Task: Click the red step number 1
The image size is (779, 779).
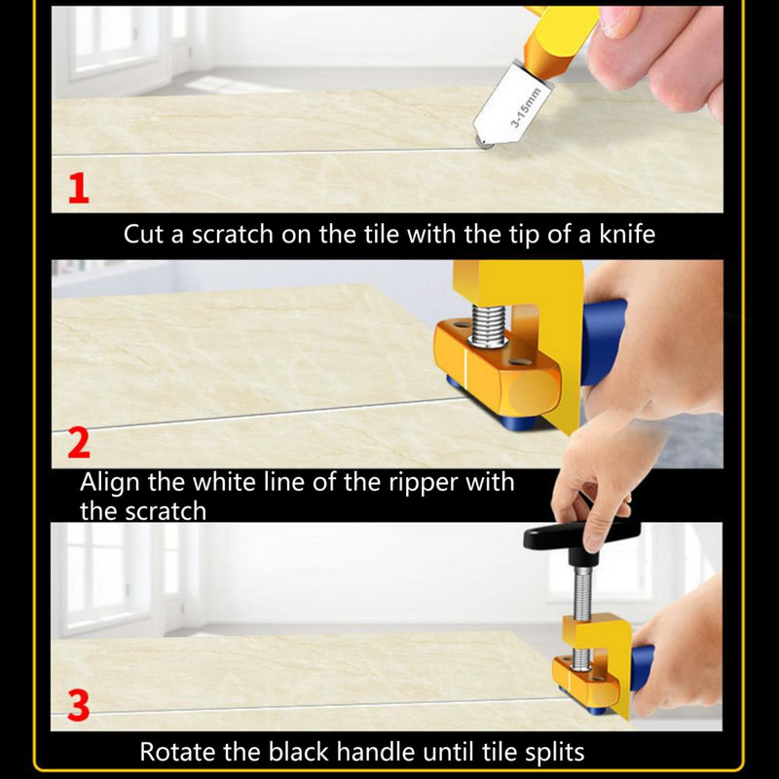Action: pyautogui.click(x=79, y=188)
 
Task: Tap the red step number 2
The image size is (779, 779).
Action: pyautogui.click(x=79, y=443)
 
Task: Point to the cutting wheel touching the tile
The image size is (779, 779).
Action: pyautogui.click(x=484, y=142)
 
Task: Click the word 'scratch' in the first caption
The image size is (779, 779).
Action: pyautogui.click(x=233, y=234)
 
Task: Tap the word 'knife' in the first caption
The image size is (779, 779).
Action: pyautogui.click(x=627, y=234)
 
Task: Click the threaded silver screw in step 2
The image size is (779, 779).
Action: pyautogui.click(x=488, y=325)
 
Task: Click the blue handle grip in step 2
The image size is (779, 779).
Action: pyautogui.click(x=603, y=343)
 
